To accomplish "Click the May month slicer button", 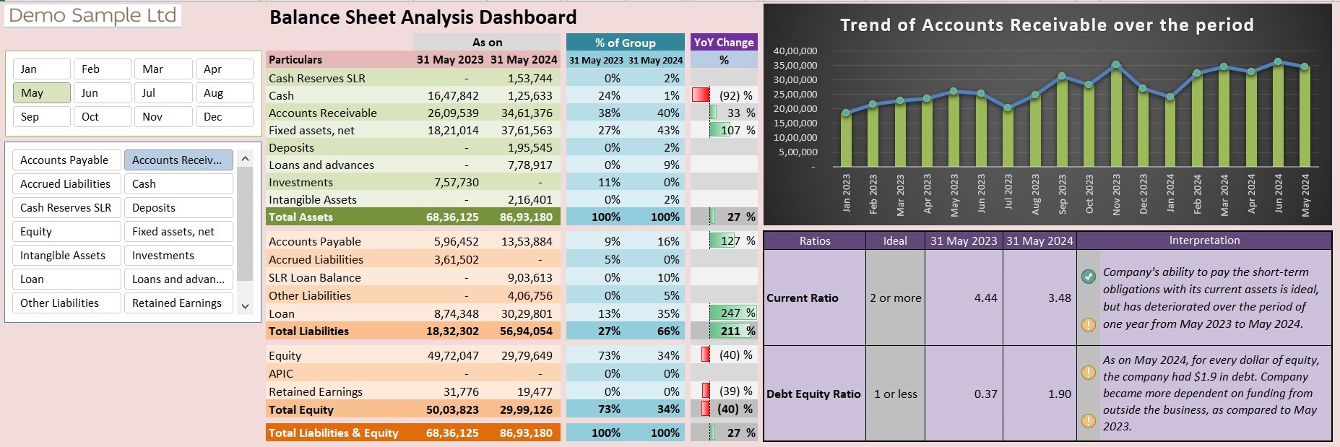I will click(41, 93).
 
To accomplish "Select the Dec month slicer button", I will click(224, 117).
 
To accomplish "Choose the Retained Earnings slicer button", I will click(178, 303).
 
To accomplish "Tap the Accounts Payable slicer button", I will click(66, 160).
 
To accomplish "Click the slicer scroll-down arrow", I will click(245, 306).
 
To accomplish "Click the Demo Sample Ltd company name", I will click(92, 15).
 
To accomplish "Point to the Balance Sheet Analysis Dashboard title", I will click(423, 17).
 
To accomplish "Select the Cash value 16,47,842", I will click(453, 95).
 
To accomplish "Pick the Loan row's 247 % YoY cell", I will click(733, 313).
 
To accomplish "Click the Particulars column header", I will click(295, 60).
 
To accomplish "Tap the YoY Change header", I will click(724, 43).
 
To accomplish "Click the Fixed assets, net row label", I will click(311, 131).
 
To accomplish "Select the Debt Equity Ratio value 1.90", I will click(1059, 394).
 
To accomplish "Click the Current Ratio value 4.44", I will click(985, 298).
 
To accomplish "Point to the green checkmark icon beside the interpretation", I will click(1089, 276).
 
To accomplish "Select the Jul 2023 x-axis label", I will click(1008, 194).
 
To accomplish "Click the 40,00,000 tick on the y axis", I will click(795, 51).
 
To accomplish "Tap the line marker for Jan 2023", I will click(846, 113).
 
